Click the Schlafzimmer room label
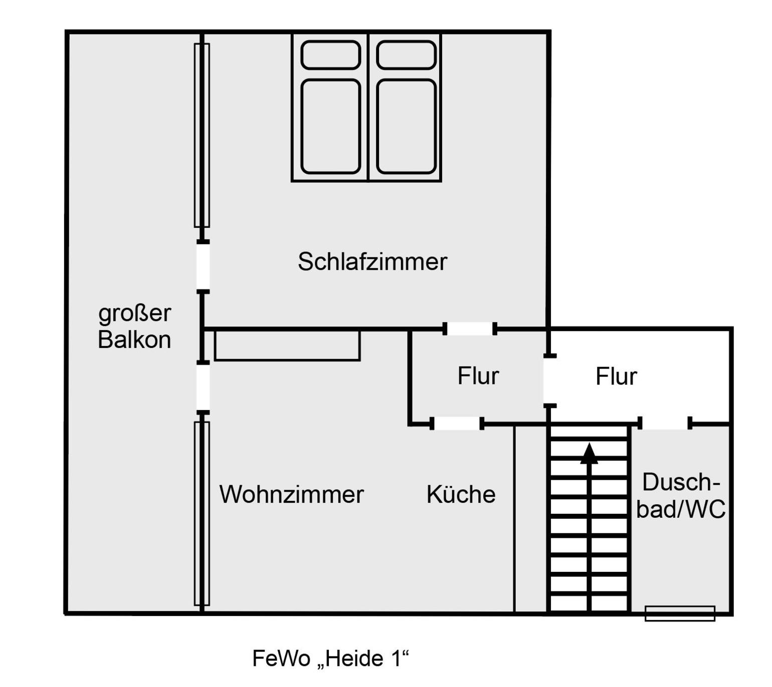[372, 261]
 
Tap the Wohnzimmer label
[291, 494]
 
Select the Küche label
[461, 494]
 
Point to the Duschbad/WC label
[680, 496]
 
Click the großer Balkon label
[134, 326]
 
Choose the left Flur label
[478, 376]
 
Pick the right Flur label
[616, 377]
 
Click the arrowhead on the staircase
[589, 453]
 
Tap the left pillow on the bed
[330, 55]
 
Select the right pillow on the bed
[406, 55]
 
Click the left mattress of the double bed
[330, 126]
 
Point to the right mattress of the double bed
[406, 126]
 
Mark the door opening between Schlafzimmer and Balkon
[203, 266]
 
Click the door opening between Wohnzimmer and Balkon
[203, 387]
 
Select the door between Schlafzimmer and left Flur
[470, 329]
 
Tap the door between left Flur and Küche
[457, 424]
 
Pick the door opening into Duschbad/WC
[665, 423]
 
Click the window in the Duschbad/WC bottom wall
[680, 613]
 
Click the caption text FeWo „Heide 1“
[330, 658]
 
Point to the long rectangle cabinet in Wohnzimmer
[287, 346]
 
